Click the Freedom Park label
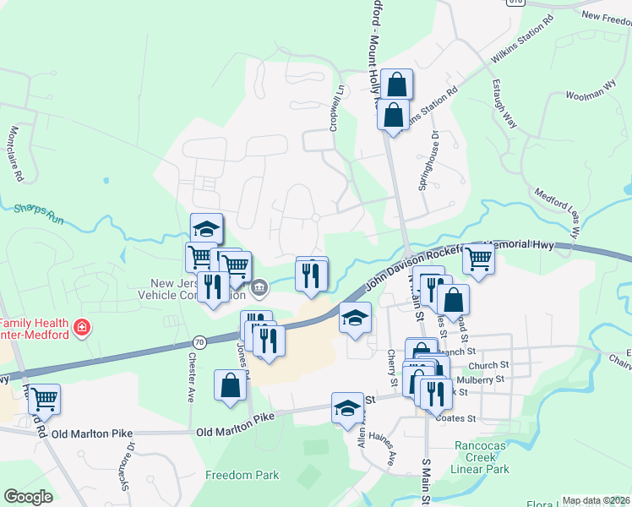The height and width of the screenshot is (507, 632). (x=242, y=475)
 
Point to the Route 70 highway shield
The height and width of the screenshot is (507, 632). (x=199, y=342)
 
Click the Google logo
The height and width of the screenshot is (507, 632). (x=28, y=497)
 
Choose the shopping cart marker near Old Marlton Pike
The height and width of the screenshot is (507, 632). (x=44, y=398)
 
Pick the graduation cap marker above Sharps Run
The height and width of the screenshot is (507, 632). (x=206, y=228)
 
